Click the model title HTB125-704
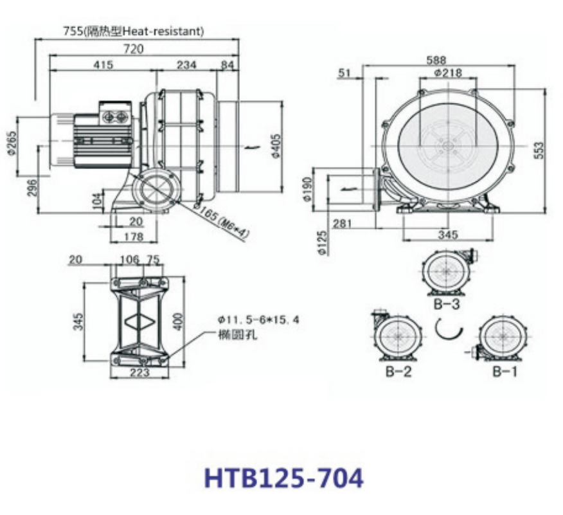[283, 478]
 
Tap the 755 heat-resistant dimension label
[134, 32]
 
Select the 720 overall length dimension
[133, 48]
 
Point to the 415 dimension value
[103, 65]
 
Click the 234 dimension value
[187, 65]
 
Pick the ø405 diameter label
[276, 146]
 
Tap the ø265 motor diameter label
[12, 143]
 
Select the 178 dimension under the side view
[134, 237]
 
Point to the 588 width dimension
[436, 60]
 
